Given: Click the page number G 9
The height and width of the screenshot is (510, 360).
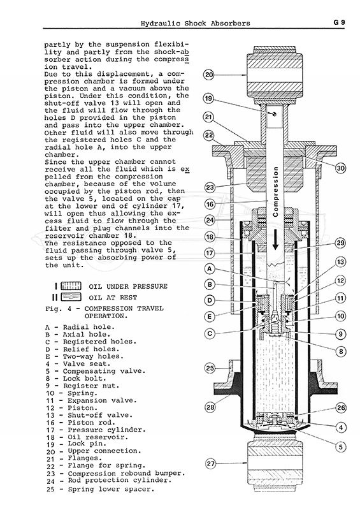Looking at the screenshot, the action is pyautogui.click(x=339, y=22).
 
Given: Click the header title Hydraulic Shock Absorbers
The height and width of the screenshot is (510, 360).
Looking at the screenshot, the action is pyautogui.click(x=196, y=24).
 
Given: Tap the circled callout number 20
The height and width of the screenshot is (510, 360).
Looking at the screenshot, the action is pyautogui.click(x=209, y=75).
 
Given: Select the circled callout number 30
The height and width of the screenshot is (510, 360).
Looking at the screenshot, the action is pyautogui.click(x=340, y=168).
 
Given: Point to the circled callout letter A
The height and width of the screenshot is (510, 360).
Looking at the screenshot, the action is pyautogui.click(x=210, y=269).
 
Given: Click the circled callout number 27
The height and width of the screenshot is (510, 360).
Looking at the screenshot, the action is pyautogui.click(x=211, y=463).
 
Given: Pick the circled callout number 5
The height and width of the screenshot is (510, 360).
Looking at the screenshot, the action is pyautogui.click(x=340, y=447).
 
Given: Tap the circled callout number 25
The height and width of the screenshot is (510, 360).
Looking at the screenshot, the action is pyautogui.click(x=210, y=368).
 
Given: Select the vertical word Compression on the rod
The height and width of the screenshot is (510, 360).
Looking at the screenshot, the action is pyautogui.click(x=276, y=192).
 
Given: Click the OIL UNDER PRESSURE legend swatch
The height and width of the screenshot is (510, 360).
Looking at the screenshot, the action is pyautogui.click(x=71, y=286).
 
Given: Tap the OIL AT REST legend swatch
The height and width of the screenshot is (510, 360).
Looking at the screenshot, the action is pyautogui.click(x=71, y=297).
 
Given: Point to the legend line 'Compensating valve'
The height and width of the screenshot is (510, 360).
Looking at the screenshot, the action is pyautogui.click(x=96, y=372).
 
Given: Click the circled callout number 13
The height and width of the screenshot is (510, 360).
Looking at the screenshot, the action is pyautogui.click(x=340, y=262).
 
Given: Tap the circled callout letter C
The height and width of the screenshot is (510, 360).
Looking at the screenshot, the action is pyautogui.click(x=210, y=333).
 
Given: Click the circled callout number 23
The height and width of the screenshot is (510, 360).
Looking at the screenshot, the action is pyautogui.click(x=210, y=187).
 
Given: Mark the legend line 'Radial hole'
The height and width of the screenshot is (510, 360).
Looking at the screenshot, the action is pyautogui.click(x=80, y=327).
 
